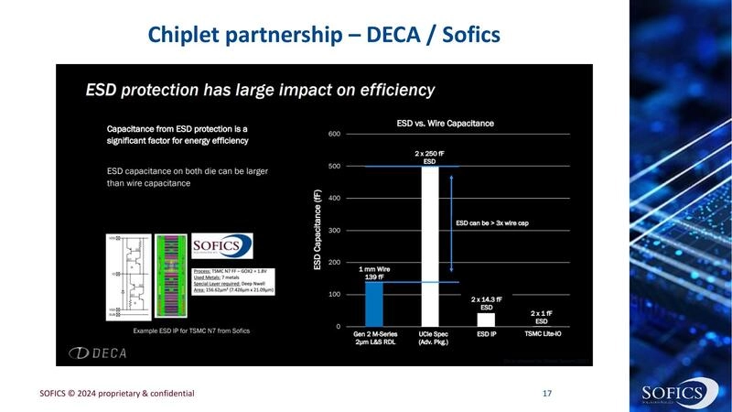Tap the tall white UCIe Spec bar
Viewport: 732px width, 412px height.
(x=431, y=247)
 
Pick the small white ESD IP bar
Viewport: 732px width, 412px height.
(x=486, y=320)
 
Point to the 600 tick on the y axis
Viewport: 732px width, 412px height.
(x=334, y=135)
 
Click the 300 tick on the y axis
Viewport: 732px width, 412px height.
(x=334, y=231)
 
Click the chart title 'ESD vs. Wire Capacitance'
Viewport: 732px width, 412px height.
(x=445, y=122)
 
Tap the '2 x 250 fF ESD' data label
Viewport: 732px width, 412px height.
(x=431, y=156)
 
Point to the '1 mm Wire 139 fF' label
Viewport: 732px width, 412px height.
(x=375, y=271)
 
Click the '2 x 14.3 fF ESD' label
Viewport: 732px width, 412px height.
(x=486, y=303)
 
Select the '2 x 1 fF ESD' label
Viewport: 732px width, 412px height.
(x=541, y=316)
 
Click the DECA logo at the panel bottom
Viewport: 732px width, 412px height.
(x=102, y=352)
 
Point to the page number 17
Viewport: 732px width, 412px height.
(x=547, y=393)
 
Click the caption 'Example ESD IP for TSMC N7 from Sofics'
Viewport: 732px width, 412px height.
(x=191, y=330)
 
